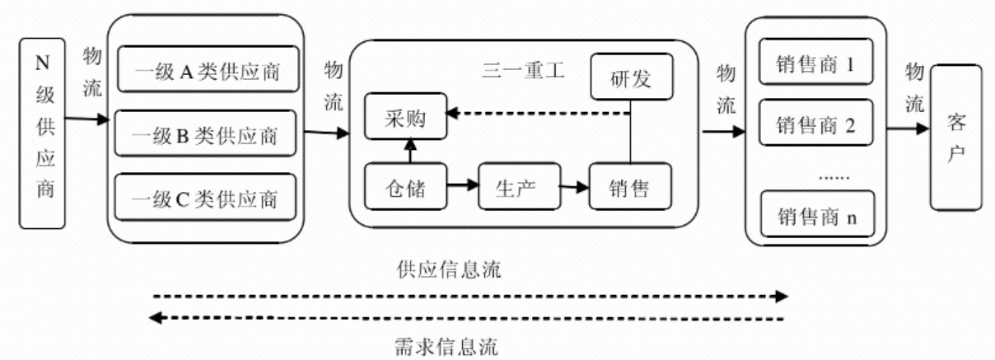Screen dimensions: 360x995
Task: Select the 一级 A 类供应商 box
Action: (x=206, y=72)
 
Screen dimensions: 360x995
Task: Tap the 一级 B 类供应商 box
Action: (x=206, y=134)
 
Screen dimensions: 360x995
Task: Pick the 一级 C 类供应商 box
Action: (x=206, y=198)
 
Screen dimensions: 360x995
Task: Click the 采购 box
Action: (x=404, y=117)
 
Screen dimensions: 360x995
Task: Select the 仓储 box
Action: (x=404, y=187)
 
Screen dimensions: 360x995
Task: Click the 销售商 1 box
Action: (x=815, y=64)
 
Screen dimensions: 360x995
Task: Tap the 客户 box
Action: (x=955, y=138)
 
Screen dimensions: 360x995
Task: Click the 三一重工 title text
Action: (x=523, y=69)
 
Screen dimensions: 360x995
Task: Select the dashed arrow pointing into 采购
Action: (x=535, y=113)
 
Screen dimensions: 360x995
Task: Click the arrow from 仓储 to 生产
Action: (x=464, y=185)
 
